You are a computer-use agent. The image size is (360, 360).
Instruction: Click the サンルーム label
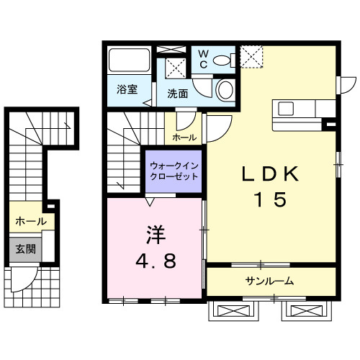point(269,281)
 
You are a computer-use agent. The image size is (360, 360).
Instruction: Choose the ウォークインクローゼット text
point(174,171)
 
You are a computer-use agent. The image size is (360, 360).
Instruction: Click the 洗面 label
point(178,93)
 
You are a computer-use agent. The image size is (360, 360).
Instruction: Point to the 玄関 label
point(25,248)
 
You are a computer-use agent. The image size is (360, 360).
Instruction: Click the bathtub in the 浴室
point(129,60)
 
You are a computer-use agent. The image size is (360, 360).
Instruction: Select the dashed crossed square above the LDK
point(252,55)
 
